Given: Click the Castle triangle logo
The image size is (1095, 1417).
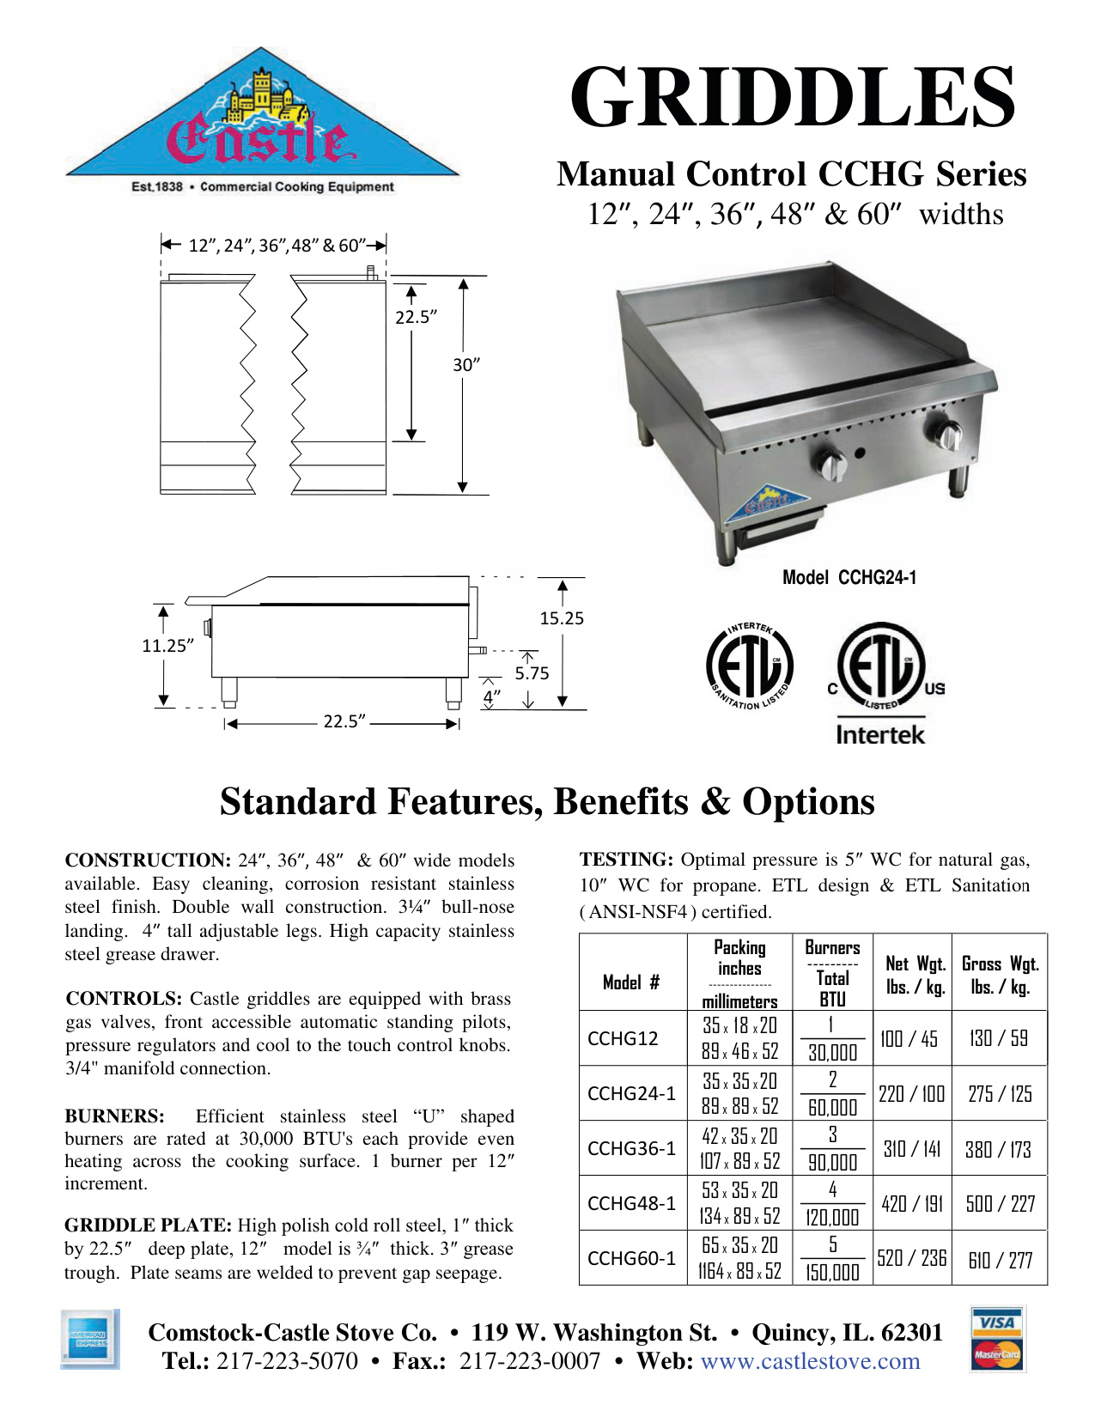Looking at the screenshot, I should click(x=262, y=120).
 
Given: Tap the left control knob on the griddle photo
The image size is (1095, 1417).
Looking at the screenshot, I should click(x=832, y=465).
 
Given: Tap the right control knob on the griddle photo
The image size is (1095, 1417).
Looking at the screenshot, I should click(x=949, y=435).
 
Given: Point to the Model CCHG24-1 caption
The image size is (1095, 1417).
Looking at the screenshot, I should click(x=849, y=578).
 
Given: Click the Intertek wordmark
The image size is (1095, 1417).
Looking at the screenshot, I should click(x=880, y=735).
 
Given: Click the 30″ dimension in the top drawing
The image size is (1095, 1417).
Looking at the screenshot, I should click(x=466, y=365).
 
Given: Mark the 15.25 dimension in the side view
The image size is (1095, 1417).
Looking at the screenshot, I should click(x=562, y=618).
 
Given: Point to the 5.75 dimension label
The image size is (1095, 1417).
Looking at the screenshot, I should click(x=532, y=673).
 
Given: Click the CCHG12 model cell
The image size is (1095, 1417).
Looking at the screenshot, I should click(x=623, y=1038).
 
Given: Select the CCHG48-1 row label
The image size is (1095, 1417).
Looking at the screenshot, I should click(x=631, y=1203).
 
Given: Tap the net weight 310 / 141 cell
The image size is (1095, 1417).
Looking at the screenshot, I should click(x=911, y=1148).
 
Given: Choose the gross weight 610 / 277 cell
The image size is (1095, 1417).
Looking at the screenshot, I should click(x=1000, y=1260).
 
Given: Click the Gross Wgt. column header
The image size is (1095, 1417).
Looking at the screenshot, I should click(x=1000, y=976).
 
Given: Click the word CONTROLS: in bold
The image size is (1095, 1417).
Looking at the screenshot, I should click(x=124, y=999).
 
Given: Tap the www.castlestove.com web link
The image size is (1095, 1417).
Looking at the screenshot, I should click(x=810, y=1361).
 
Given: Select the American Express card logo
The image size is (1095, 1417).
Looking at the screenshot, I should click(x=90, y=1339).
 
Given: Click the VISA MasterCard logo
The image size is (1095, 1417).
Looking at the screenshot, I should click(x=997, y=1340).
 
